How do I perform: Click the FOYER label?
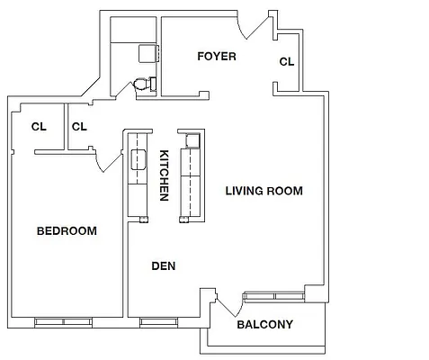pyautogui.click(x=217, y=57)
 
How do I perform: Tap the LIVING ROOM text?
pyautogui.click(x=264, y=191)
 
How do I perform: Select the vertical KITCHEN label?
pyautogui.click(x=165, y=175)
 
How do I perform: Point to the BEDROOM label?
pyautogui.click(x=67, y=231)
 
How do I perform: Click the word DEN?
pyautogui.click(x=163, y=265)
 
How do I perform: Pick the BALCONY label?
pyautogui.click(x=264, y=325)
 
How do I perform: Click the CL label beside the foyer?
pyautogui.click(x=287, y=62)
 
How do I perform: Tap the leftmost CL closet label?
pyautogui.click(x=39, y=126)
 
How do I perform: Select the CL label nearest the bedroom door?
pyautogui.click(x=79, y=126)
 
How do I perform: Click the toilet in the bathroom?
pyautogui.click(x=142, y=85)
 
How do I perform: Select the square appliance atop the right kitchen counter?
pyautogui.click(x=192, y=139)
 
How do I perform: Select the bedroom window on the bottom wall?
pyautogui.click(x=63, y=321)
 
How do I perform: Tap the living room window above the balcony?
pyautogui.click(x=275, y=294)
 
